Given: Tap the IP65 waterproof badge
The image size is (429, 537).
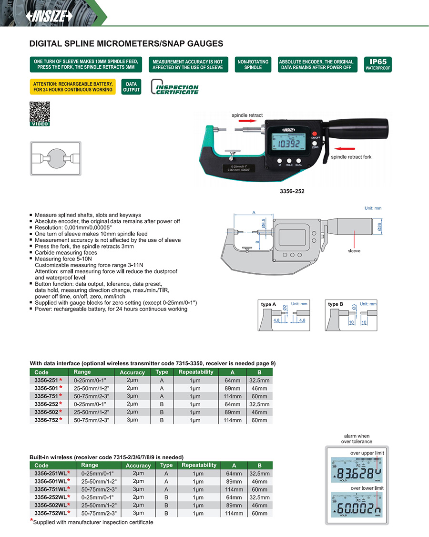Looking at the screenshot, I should (378, 64).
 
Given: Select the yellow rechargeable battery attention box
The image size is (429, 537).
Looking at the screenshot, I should (72, 87).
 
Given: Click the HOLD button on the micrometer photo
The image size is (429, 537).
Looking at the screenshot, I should (288, 161).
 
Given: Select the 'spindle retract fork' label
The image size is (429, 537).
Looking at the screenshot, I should (352, 156).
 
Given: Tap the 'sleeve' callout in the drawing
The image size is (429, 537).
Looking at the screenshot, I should (354, 250).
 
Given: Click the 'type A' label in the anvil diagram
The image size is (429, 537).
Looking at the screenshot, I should (268, 304).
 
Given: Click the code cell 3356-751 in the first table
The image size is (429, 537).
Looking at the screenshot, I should (47, 396).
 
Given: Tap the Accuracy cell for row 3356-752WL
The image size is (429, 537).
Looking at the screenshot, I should (138, 513).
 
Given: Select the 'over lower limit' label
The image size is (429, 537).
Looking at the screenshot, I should (367, 488).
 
